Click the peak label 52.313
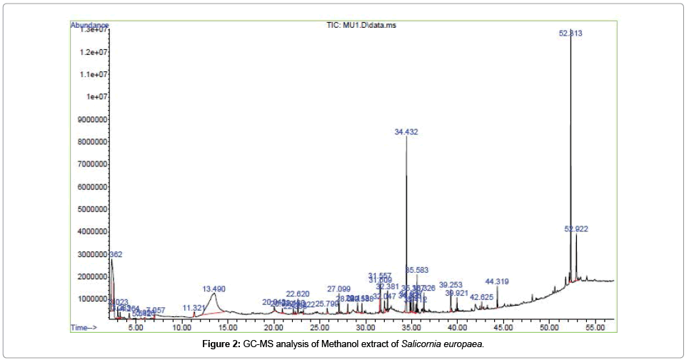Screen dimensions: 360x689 click(570, 33)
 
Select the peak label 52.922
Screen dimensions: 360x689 click(575, 229)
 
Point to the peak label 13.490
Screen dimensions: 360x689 click(214, 289)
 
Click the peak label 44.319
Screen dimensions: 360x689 click(497, 281)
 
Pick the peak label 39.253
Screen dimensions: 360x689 click(451, 284)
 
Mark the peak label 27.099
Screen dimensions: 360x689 click(339, 289)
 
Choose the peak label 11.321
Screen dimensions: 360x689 click(193, 308)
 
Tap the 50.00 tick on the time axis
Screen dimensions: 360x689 click(548, 327)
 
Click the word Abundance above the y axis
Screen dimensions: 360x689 click(89, 25)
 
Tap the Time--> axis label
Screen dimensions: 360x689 click(85, 327)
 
